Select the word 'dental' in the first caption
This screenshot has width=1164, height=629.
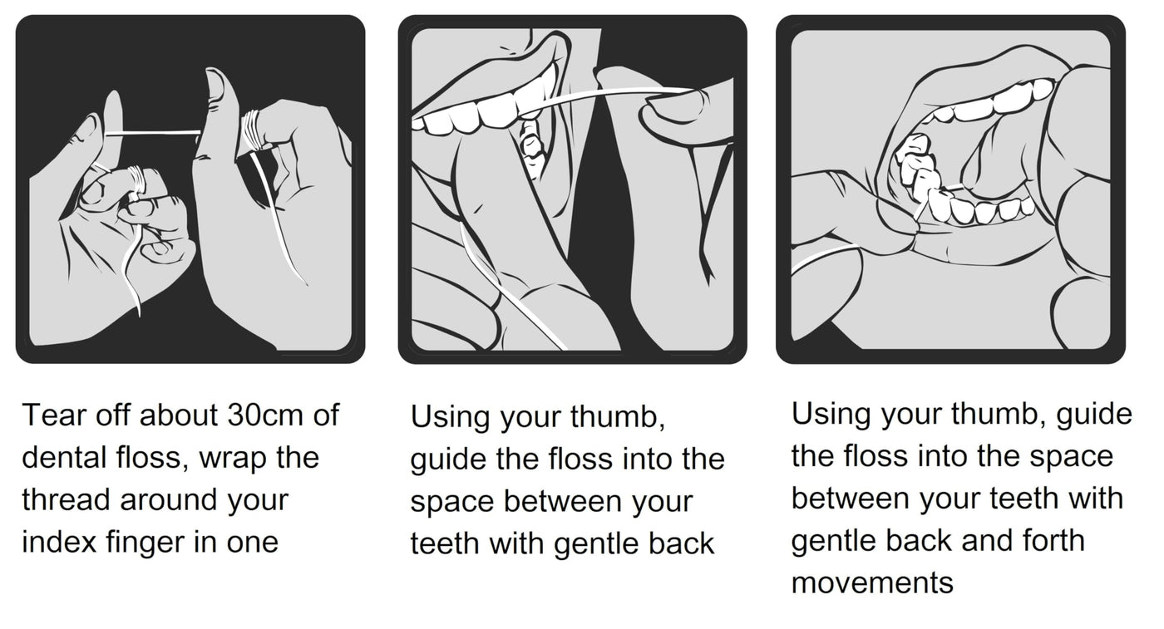pyautogui.click(x=65, y=458)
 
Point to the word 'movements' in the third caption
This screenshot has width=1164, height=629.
pyautogui.click(x=872, y=582)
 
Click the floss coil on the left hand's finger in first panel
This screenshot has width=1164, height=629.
pyautogui.click(x=136, y=181)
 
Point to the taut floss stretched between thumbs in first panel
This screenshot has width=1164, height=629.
pyautogui.click(x=152, y=133)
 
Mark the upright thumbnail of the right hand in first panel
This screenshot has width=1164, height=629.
pyautogui.click(x=215, y=86)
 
